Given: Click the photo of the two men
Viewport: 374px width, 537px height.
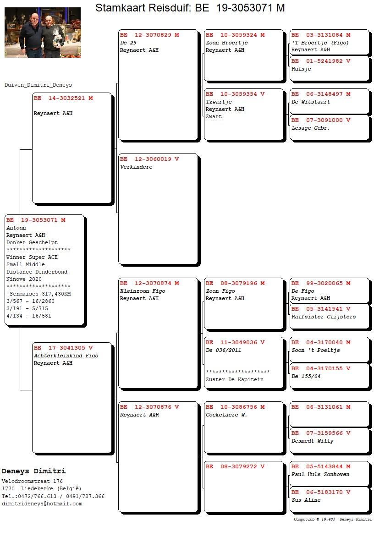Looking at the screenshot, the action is click(x=43, y=33).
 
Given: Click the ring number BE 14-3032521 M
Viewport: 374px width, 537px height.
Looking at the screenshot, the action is click(x=63, y=99).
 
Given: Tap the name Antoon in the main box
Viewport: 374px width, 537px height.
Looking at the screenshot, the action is click(x=16, y=228).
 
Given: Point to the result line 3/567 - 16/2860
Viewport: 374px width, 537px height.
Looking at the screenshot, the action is click(x=30, y=301).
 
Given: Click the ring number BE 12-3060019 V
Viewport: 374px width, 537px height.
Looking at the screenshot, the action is click(x=149, y=159).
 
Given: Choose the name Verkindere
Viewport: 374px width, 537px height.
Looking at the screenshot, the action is click(x=136, y=167).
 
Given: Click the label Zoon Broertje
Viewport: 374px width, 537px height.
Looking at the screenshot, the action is click(x=227, y=43).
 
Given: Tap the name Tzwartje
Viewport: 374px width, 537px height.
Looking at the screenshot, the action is click(x=219, y=102).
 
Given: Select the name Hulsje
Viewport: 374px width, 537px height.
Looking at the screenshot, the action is click(x=302, y=69).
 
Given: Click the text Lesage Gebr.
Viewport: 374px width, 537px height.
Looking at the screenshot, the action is click(x=311, y=128).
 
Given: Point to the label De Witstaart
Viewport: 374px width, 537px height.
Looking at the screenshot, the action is click(x=311, y=102).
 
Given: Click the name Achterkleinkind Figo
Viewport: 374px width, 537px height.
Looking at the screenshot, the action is click(x=66, y=356).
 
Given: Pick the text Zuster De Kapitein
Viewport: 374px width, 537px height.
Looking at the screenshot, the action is click(x=235, y=379).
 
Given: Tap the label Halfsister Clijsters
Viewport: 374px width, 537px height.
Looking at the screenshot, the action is click(x=324, y=317).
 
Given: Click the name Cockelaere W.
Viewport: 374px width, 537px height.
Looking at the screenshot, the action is click(x=226, y=415).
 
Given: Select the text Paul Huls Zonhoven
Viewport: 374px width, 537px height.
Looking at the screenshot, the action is click(x=320, y=474).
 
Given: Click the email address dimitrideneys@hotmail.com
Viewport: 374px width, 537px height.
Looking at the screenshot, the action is click(x=42, y=504).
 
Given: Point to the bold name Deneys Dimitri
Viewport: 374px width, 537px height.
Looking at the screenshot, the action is click(x=33, y=471).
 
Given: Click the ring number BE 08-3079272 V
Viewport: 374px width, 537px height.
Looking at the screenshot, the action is click(x=235, y=466).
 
